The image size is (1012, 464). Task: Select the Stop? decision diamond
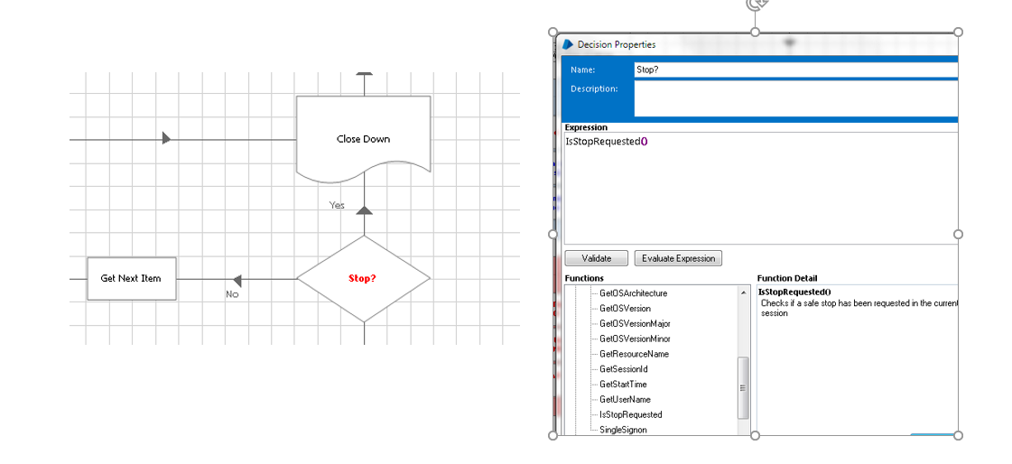[364, 279]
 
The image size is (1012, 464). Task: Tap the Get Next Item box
[131, 278]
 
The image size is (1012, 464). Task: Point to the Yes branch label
[337, 205]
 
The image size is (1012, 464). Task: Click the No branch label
[232, 294]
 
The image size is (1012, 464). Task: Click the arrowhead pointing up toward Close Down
[365, 210]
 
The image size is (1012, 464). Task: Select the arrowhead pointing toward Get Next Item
[237, 280]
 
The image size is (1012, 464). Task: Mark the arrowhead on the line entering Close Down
[166, 138]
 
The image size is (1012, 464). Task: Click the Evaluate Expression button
[678, 259]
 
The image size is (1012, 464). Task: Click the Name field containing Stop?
[796, 70]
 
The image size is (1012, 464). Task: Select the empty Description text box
[796, 98]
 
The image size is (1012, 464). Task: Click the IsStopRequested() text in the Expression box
[607, 142]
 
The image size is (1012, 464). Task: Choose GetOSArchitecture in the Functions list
[633, 293]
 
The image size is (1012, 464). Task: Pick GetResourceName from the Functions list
[634, 354]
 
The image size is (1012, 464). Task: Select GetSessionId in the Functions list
[623, 369]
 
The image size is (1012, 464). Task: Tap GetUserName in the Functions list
[625, 400]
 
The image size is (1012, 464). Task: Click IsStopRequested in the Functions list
[630, 415]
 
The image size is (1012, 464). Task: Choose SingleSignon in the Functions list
[623, 430]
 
